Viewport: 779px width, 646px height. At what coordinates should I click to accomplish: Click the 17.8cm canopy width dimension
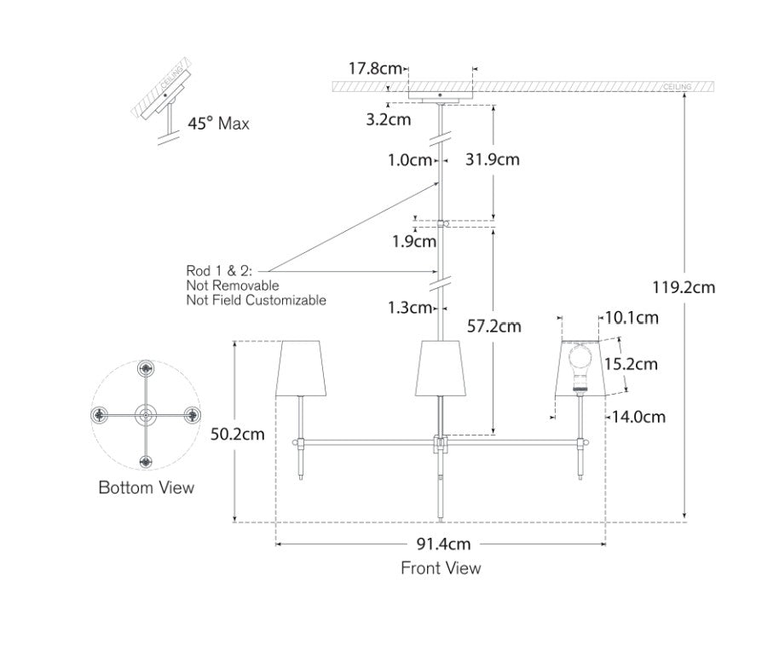pyautogui.click(x=375, y=68)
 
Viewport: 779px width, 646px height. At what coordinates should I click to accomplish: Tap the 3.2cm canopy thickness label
pyautogui.click(x=389, y=120)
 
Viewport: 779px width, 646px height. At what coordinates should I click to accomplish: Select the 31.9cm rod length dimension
pyautogui.click(x=493, y=159)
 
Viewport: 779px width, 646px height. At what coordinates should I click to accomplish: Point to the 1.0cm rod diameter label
pyautogui.click(x=410, y=160)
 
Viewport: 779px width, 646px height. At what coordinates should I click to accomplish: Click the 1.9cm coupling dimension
pyautogui.click(x=414, y=241)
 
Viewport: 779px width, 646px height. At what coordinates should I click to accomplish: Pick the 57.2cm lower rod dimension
pyautogui.click(x=493, y=326)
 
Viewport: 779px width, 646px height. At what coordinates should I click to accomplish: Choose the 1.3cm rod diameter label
pyautogui.click(x=410, y=308)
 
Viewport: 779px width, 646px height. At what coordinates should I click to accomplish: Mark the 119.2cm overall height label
pyautogui.click(x=684, y=287)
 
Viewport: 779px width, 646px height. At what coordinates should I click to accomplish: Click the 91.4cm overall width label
pyautogui.click(x=443, y=544)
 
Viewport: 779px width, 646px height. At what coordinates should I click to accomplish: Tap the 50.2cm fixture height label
pyautogui.click(x=238, y=435)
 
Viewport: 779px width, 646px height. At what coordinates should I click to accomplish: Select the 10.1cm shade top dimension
pyautogui.click(x=632, y=318)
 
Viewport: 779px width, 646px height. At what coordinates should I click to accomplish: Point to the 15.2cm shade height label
pyautogui.click(x=631, y=364)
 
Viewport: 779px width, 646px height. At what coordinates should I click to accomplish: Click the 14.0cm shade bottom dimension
pyautogui.click(x=638, y=417)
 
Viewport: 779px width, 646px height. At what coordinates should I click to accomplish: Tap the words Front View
pyautogui.click(x=441, y=568)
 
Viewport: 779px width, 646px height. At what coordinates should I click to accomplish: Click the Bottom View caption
pyautogui.click(x=146, y=487)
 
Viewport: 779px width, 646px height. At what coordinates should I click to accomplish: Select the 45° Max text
pyautogui.click(x=218, y=124)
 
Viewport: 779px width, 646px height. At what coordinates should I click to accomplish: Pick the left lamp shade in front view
pyautogui.click(x=301, y=368)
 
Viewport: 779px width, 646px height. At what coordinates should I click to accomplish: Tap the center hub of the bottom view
pyautogui.click(x=146, y=414)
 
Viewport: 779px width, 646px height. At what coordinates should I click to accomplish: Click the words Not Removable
pyautogui.click(x=233, y=286)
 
